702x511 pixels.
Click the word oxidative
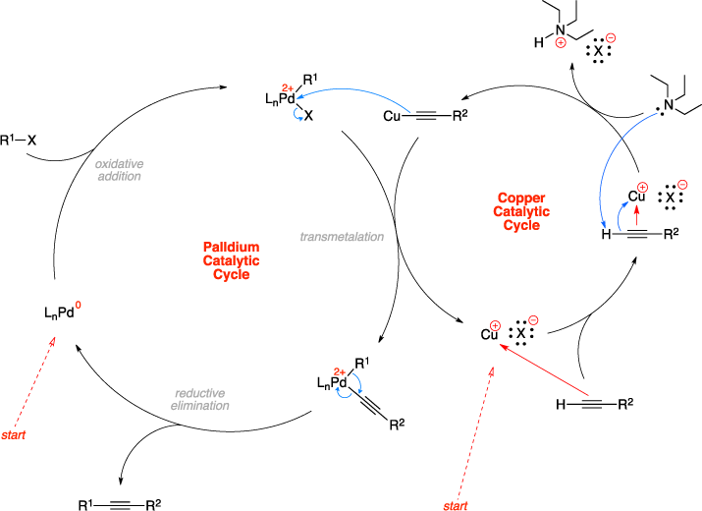[120, 163]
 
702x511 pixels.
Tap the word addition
[120, 176]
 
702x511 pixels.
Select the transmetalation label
[342, 237]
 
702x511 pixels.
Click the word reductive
[200, 392]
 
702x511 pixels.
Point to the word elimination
[200, 405]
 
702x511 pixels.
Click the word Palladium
[231, 247]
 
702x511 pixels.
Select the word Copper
[521, 198]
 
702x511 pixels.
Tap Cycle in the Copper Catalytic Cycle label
[521, 225]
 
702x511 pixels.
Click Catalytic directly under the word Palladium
[231, 260]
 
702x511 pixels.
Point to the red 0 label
[79, 305]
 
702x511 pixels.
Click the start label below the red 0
[14, 434]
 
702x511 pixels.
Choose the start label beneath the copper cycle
[455, 505]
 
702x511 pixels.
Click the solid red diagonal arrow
[545, 370]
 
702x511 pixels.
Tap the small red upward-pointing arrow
[636, 215]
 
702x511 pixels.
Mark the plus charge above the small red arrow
[643, 187]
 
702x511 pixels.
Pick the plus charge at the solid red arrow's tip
[495, 325]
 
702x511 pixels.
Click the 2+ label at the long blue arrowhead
[288, 88]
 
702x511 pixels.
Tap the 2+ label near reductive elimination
[340, 372]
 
